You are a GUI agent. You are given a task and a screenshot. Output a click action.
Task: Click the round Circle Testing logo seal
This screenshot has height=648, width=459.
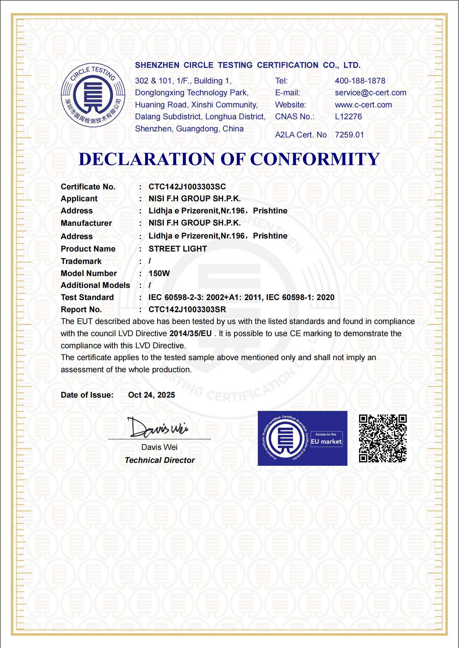pyautogui.click(x=93, y=95)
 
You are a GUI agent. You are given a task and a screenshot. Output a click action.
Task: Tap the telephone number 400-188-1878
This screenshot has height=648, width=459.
pyautogui.click(x=360, y=81)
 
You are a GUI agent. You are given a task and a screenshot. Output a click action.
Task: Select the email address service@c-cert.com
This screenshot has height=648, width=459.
pyautogui.click(x=370, y=93)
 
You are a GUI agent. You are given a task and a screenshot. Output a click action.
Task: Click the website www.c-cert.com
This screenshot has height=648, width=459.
pyautogui.click(x=363, y=105)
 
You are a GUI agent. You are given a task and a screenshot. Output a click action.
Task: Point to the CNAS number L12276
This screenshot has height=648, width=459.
pyautogui.click(x=348, y=117)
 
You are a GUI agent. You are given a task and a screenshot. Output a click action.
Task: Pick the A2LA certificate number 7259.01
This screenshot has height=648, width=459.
pyautogui.click(x=349, y=135)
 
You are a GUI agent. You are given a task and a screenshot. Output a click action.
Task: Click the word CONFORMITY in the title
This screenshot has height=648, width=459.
pyautogui.click(x=314, y=159)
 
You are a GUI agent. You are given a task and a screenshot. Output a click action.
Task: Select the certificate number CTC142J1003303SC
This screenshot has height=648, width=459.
pyautogui.click(x=187, y=187)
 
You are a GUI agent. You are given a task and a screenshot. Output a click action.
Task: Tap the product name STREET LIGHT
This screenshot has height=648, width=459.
pyautogui.click(x=177, y=249)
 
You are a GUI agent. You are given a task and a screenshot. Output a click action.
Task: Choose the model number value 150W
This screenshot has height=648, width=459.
pyautogui.click(x=159, y=273)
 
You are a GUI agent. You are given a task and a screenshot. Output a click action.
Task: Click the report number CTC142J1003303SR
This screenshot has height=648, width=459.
pyautogui.click(x=187, y=310)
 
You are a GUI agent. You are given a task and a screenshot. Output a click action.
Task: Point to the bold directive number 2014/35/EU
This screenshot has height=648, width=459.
pyautogui.click(x=190, y=334)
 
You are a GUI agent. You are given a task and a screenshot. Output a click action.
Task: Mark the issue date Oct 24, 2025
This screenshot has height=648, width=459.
pyautogui.click(x=151, y=395)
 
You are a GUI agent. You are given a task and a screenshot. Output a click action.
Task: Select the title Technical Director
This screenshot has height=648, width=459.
pyautogui.click(x=160, y=460)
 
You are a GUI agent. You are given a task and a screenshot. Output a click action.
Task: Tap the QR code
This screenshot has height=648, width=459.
pyautogui.click(x=383, y=438)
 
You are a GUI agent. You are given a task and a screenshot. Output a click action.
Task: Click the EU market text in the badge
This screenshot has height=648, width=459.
pyautogui.click(x=326, y=442)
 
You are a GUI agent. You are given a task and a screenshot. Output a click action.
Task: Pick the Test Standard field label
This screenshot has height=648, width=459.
pyautogui.click(x=87, y=297)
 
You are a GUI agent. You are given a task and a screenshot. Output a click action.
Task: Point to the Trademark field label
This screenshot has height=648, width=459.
pyautogui.click(x=81, y=261)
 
